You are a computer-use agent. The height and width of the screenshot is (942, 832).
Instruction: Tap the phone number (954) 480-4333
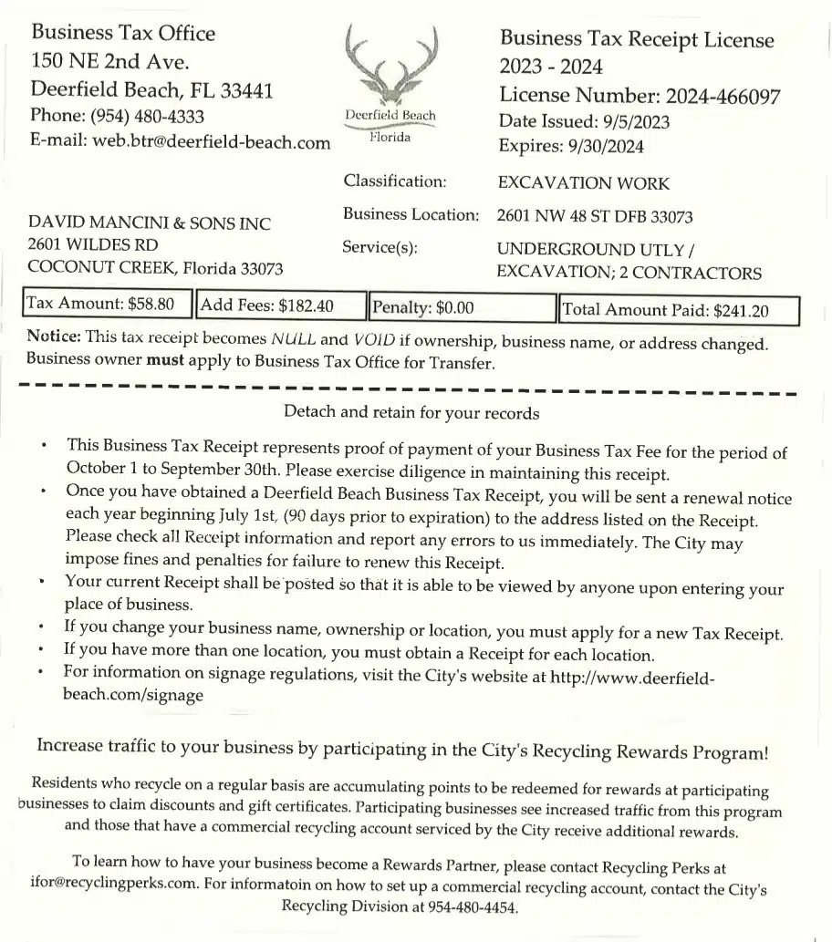(x=145, y=117)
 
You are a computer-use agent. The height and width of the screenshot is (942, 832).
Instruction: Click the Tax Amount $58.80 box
(x=109, y=305)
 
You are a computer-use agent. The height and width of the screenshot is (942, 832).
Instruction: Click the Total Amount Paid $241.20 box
(x=679, y=310)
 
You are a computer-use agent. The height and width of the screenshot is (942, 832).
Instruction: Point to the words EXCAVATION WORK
(x=583, y=183)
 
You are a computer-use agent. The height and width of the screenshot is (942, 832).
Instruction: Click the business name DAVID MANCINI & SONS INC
(x=150, y=223)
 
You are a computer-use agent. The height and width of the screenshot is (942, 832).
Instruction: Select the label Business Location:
(x=411, y=215)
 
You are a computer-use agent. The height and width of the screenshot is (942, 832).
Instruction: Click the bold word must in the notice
(x=165, y=360)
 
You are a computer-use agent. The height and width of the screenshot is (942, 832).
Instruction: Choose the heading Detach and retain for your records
(x=411, y=412)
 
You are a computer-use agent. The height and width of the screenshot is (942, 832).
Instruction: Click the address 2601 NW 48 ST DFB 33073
(x=595, y=217)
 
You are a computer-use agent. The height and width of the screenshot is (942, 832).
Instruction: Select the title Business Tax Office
(x=123, y=34)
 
